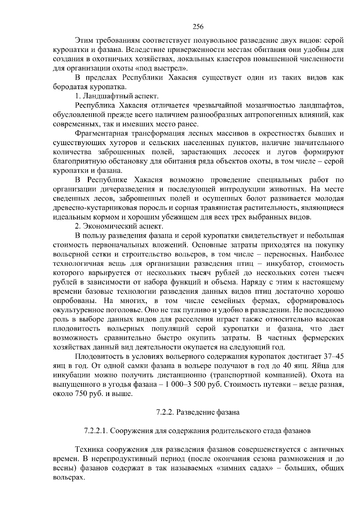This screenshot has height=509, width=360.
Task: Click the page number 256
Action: [x=198, y=27]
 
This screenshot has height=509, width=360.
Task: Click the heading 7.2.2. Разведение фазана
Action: [x=198, y=412]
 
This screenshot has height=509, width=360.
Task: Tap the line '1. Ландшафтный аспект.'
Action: [x=116, y=96]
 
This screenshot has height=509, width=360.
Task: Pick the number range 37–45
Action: [x=333, y=356]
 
